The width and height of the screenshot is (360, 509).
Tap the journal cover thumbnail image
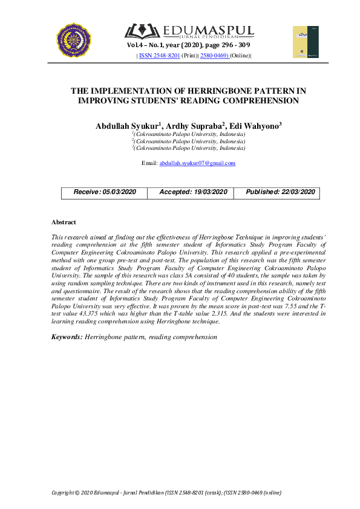click(306, 42)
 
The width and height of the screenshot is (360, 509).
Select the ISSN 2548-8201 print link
click(159, 56)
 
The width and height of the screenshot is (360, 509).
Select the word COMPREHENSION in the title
click(259, 101)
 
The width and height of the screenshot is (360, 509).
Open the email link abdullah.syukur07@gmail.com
click(197, 163)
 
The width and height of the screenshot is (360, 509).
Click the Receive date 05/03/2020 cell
click(105, 192)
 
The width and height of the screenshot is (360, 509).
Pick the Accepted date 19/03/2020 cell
click(193, 192)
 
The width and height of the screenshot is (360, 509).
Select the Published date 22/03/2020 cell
click(280, 192)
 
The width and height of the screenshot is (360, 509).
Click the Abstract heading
click(64, 222)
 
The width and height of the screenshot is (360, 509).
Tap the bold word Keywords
click(67, 336)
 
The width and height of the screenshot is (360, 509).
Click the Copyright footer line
click(166, 493)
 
